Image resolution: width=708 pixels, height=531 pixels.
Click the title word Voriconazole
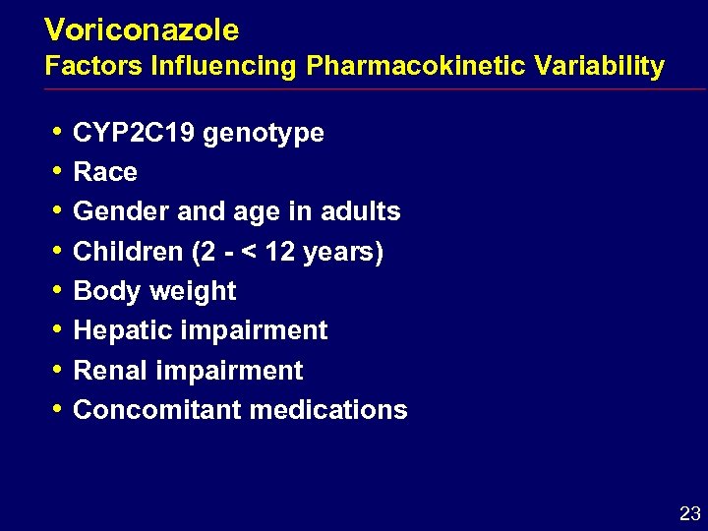142,30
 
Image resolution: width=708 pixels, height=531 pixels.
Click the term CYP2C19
134,133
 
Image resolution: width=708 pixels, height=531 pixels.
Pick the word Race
105,172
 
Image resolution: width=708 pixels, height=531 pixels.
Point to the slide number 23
689,513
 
